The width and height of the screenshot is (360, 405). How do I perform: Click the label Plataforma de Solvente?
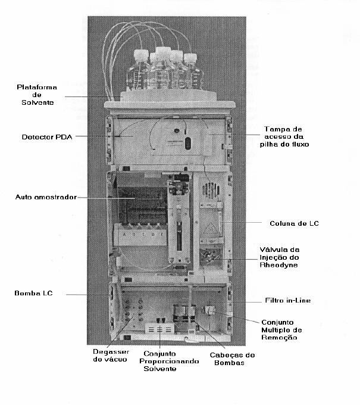(37, 95)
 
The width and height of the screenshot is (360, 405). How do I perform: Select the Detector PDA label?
(47, 137)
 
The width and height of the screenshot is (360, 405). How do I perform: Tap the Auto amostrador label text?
(46, 197)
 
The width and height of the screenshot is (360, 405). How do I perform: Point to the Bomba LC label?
(33, 293)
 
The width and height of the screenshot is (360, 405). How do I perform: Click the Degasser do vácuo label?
(111, 356)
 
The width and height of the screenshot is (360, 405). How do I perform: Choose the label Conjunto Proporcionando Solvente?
(169, 361)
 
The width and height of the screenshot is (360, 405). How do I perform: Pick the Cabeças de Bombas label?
(232, 359)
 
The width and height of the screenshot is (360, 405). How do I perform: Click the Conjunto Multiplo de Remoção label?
(281, 330)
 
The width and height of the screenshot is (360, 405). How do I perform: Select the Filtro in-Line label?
(288, 300)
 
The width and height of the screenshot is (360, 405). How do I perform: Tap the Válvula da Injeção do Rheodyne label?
(280, 257)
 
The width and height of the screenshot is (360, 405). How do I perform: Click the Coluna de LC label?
(294, 223)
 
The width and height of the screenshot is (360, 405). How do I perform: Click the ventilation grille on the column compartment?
(211, 190)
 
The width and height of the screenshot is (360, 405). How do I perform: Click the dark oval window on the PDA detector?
(188, 144)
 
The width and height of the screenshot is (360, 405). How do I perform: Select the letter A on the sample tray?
(124, 235)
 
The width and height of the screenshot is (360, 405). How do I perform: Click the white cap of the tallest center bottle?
(164, 51)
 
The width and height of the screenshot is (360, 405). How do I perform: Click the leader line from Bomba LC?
(76, 294)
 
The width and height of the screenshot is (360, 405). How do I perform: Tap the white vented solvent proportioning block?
(159, 329)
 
